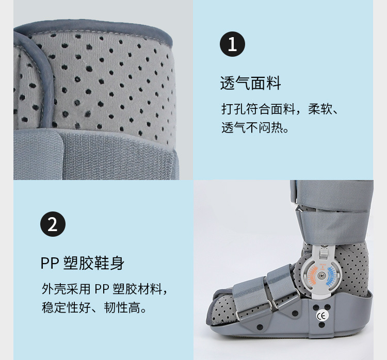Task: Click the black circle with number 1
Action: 232,44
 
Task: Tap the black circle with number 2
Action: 53,224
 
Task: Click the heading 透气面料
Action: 250,83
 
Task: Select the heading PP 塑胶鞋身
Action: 82,263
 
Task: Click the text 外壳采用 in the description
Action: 66,289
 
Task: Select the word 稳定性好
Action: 66,307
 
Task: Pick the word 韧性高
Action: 122,307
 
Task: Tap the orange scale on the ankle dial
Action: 312,275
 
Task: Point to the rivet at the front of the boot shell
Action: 260,327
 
